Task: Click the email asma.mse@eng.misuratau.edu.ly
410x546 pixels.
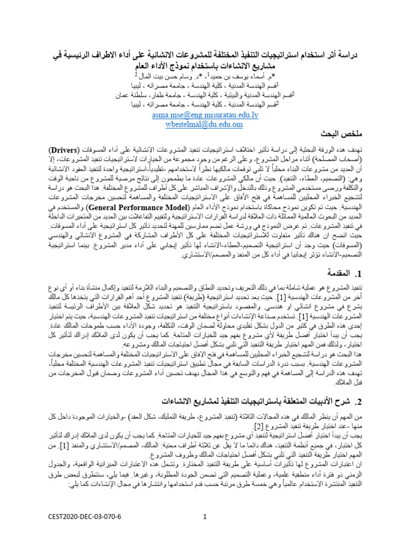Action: click(x=205, y=115)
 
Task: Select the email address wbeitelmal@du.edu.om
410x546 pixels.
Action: click(x=205, y=124)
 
